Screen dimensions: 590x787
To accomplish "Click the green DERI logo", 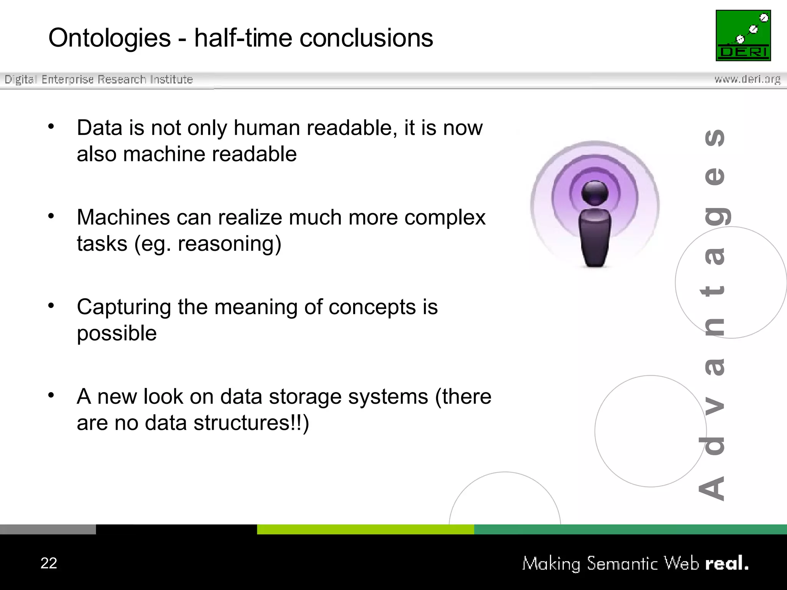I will tap(743, 35).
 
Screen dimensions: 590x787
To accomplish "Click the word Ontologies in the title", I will tap(110, 38).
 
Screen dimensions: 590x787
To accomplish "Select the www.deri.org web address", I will tap(747, 80).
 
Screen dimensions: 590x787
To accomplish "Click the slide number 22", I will tap(49, 563).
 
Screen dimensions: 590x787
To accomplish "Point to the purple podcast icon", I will tap(594, 204).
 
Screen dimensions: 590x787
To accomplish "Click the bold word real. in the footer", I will tap(727, 563).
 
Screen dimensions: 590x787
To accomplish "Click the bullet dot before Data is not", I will tap(51, 126).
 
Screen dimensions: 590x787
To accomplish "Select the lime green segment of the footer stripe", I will tap(365, 529).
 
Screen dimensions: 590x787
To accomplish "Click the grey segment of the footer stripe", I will tap(48, 529).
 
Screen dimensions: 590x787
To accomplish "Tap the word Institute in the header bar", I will tap(171, 80).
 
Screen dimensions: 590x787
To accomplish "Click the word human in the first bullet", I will tap(267, 128).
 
